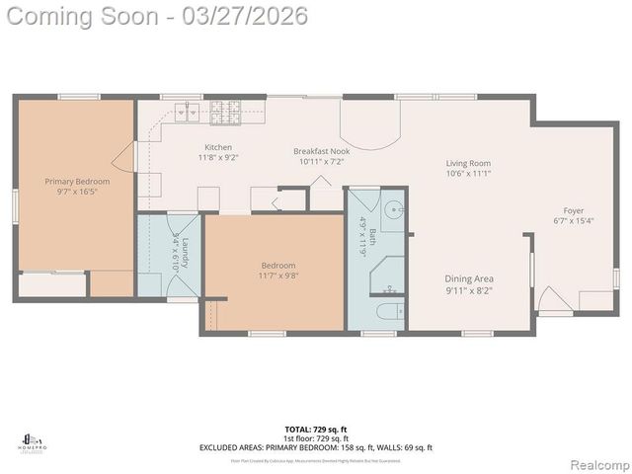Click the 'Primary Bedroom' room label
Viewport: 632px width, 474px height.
point(77,182)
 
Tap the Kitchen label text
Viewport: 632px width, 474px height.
point(218,147)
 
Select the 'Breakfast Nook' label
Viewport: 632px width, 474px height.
point(321,151)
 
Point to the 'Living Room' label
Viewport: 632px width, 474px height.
point(468,163)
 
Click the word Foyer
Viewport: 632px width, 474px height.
point(574,210)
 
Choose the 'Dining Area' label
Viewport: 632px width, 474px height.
point(468,279)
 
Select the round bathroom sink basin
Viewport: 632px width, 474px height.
point(392,211)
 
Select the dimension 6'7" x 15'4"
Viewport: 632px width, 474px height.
point(574,221)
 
